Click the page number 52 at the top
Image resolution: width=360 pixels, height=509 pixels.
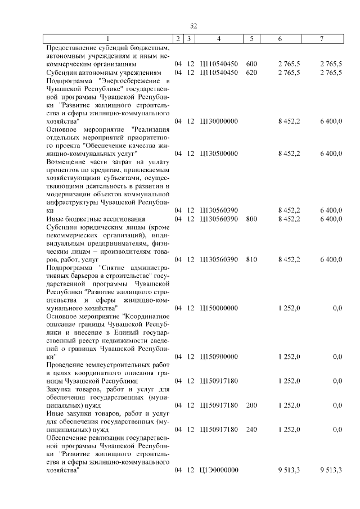193,26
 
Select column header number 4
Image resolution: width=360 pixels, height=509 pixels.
219,38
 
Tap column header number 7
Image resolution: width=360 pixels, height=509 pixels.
321,38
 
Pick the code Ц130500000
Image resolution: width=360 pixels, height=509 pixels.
219,154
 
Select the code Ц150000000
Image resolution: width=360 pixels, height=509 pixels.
219,308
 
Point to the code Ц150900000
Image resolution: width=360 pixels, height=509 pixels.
219,357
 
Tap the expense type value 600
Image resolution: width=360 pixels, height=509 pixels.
251,64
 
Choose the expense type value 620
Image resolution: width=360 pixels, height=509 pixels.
251,73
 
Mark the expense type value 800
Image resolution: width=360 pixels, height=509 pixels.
251,219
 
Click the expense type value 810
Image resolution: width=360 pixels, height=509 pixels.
251,259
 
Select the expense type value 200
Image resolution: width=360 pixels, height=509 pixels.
251,405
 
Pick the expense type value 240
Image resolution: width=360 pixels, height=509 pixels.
251,430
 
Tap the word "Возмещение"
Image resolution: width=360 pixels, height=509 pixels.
66,162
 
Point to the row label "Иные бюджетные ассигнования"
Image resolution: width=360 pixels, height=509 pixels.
96,219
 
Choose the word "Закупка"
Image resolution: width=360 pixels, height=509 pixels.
59,389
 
